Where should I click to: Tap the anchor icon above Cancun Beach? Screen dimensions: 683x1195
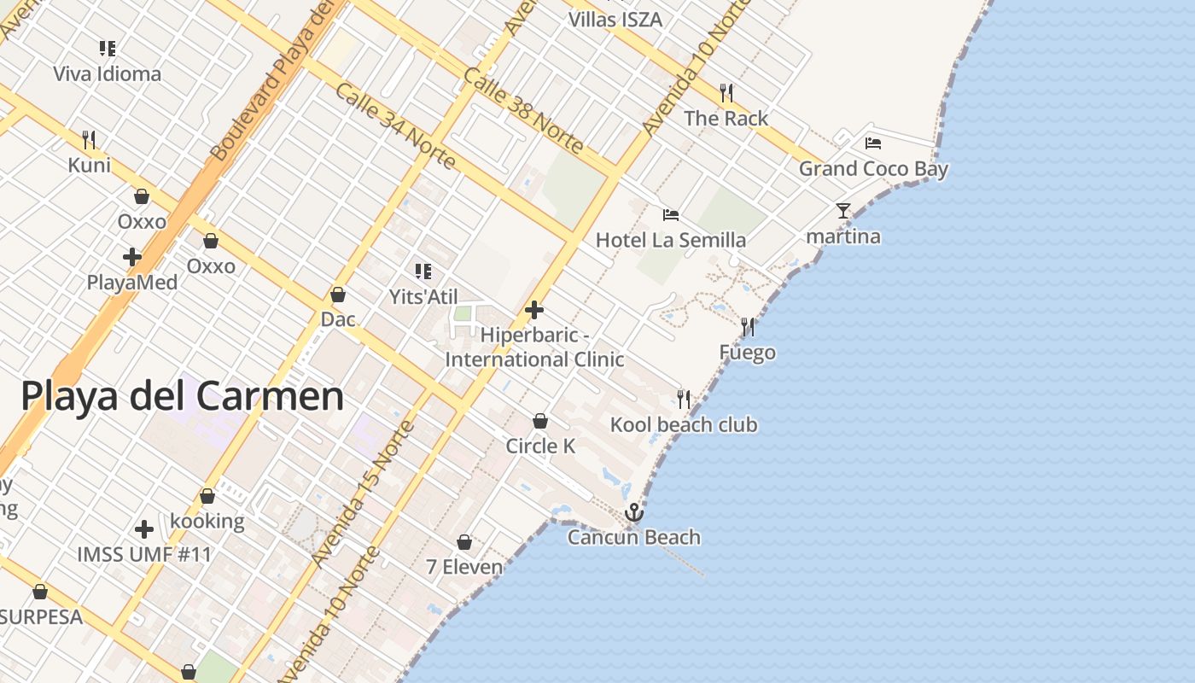click(633, 512)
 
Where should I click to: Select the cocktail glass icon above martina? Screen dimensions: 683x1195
click(843, 211)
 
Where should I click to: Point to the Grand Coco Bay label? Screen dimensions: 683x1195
click(873, 168)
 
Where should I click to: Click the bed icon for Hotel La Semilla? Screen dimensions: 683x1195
click(671, 215)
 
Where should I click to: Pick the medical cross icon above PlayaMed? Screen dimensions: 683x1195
click(132, 256)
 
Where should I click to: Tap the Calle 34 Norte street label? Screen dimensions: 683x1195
click(394, 126)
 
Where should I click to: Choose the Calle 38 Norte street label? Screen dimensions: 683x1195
click(522, 111)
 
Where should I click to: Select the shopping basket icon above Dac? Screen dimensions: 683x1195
click(338, 295)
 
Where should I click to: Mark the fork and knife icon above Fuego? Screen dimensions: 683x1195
click(748, 327)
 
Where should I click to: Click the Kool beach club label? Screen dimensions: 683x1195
click(684, 424)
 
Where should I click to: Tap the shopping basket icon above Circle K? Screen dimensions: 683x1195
click(540, 421)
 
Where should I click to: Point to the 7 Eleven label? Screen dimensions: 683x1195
click(464, 566)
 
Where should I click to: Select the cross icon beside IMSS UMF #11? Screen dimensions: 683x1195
click(144, 529)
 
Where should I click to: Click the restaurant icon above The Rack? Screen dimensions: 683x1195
click(726, 92)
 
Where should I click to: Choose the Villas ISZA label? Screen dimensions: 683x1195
click(615, 19)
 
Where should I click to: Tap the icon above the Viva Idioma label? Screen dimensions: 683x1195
click(108, 49)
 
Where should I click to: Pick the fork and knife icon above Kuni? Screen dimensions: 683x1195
click(89, 139)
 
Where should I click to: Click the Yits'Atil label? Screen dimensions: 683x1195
click(423, 296)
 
